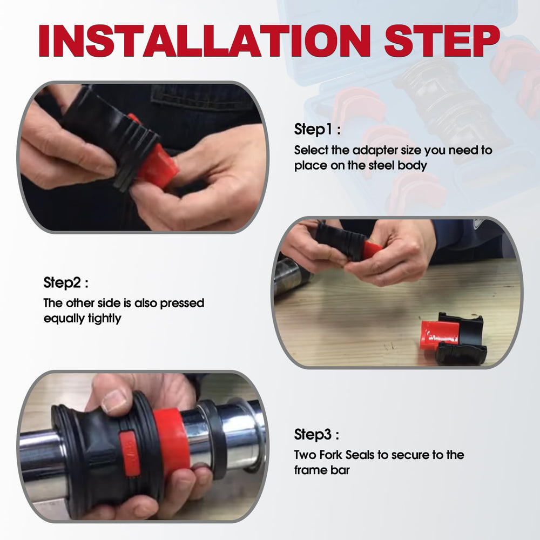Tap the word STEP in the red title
click(442, 40)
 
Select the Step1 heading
click(317, 130)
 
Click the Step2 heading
click(66, 283)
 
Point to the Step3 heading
click(316, 435)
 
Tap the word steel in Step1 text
click(381, 165)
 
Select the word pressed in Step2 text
click(182, 303)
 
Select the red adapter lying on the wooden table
click(440, 333)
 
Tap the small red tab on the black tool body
click(130, 453)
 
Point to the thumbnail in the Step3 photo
click(114, 401)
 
